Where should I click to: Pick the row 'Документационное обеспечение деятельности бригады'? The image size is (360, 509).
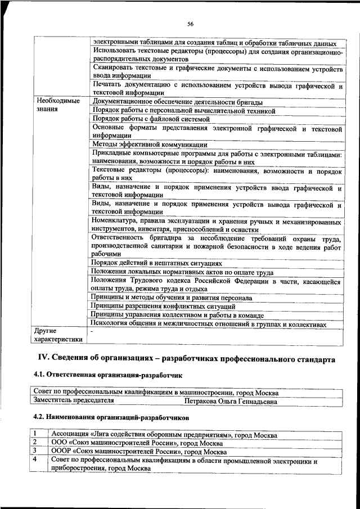click(x=177, y=102)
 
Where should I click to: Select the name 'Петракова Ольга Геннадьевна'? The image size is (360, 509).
click(x=231, y=402)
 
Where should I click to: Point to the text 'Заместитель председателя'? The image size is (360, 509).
click(x=74, y=402)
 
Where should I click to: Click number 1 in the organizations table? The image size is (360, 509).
click(x=35, y=434)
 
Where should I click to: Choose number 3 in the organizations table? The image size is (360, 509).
click(x=35, y=451)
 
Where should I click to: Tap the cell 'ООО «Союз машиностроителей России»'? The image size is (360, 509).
click(x=136, y=443)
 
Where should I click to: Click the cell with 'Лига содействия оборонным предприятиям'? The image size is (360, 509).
click(x=164, y=435)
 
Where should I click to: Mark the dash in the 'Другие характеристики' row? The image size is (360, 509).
click(x=92, y=332)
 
